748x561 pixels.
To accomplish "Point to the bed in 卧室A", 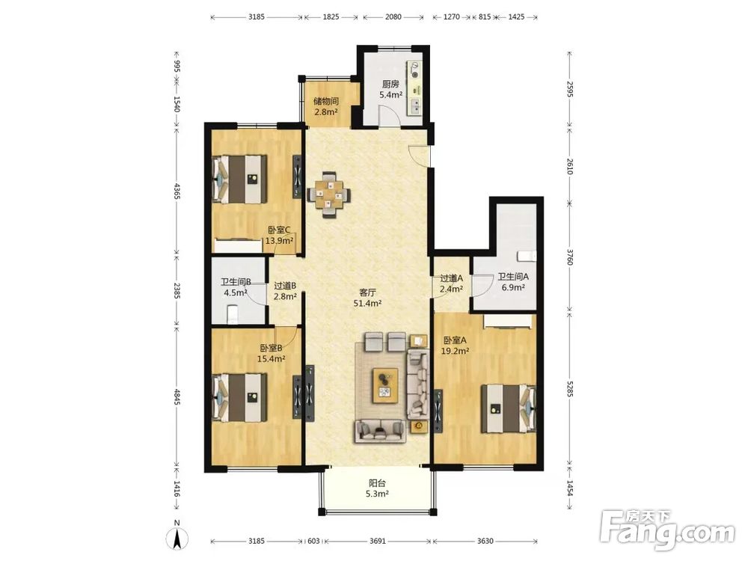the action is [509, 409].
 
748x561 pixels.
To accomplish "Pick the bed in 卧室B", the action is [239, 397].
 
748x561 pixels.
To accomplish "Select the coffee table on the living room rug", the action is [385, 386].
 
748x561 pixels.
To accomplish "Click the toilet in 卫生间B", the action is [232, 316].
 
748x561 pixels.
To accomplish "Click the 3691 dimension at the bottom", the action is [377, 541].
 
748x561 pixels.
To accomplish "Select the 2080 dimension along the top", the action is [393, 16].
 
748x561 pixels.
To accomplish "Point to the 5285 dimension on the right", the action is [569, 387].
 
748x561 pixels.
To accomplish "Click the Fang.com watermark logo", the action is [668, 529].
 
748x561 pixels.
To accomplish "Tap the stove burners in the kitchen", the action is [414, 70].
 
